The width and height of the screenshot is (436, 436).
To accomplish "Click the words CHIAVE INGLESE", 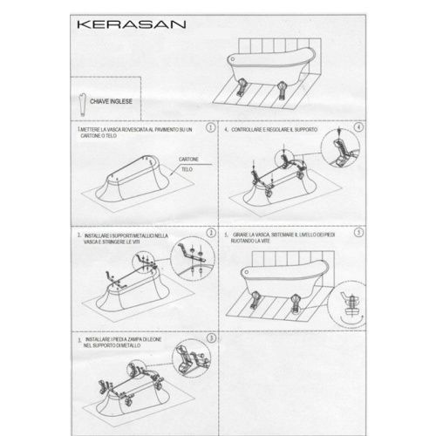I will [x=109, y=101].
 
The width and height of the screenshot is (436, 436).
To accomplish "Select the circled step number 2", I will [x=209, y=234].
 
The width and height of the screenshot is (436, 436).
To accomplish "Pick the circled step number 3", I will [x=209, y=337].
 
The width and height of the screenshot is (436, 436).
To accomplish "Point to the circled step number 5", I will [x=358, y=234].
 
